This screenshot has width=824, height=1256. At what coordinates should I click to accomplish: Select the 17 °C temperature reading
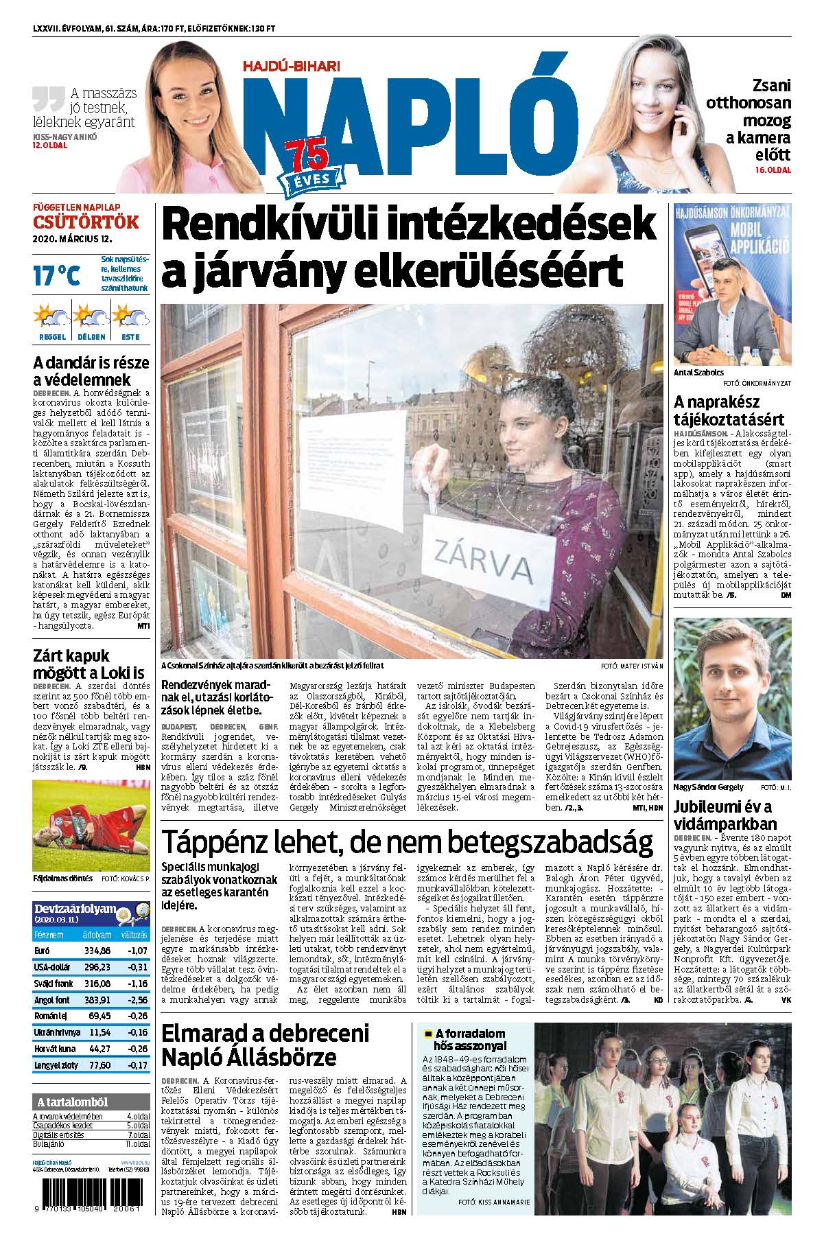tap(56, 276)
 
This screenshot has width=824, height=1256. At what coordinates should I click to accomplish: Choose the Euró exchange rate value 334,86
tap(97, 951)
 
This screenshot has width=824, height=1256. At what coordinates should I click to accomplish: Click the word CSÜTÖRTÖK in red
tap(86, 222)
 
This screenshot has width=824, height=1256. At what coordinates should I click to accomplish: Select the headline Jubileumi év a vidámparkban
tap(722, 815)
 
